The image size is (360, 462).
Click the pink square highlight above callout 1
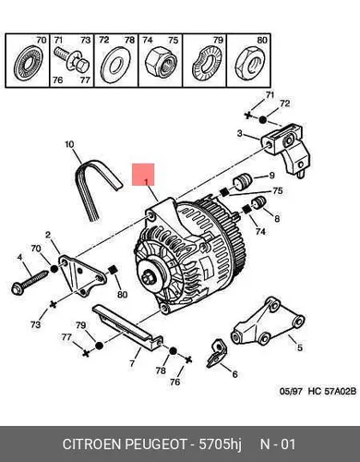[143, 175]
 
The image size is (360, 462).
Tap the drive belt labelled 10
[83, 185]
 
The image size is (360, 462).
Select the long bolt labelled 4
[30, 282]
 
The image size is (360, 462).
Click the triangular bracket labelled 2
[82, 275]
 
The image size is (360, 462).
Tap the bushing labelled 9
[243, 182]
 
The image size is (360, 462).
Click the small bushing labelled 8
[258, 202]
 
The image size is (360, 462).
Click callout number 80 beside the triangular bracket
[122, 295]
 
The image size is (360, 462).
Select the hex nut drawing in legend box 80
[249, 63]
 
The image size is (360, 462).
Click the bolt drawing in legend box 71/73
[71, 59]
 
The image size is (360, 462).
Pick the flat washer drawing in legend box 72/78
[115, 64]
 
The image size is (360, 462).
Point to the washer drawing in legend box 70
[28, 63]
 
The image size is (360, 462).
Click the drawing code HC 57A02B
[332, 391]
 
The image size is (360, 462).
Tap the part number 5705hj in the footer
[220, 444]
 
